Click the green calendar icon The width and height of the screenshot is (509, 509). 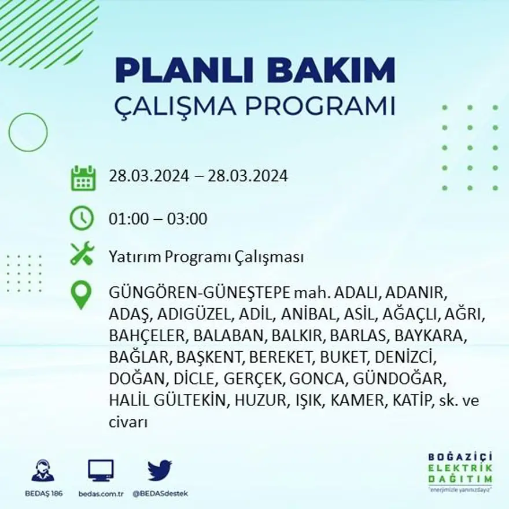(x=83, y=179)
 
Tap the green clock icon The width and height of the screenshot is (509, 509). (x=82, y=219)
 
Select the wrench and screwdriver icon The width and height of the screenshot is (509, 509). (x=82, y=254)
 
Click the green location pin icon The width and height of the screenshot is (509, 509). (x=81, y=294)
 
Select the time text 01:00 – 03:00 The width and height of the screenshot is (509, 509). (x=158, y=219)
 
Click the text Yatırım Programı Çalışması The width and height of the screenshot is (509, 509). (x=206, y=257)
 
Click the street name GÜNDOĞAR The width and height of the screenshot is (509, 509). (x=407, y=379)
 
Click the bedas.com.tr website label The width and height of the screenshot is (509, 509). (x=101, y=493)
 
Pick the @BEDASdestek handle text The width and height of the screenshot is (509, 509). (x=160, y=493)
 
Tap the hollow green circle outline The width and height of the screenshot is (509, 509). (x=28, y=132)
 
